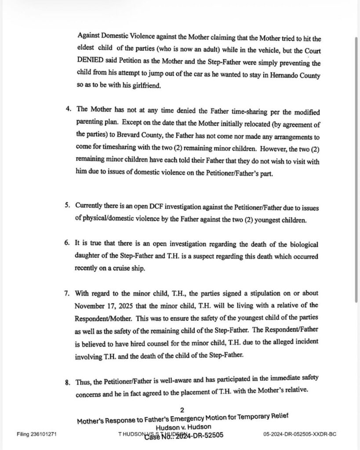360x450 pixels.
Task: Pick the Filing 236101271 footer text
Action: (x=36, y=434)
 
